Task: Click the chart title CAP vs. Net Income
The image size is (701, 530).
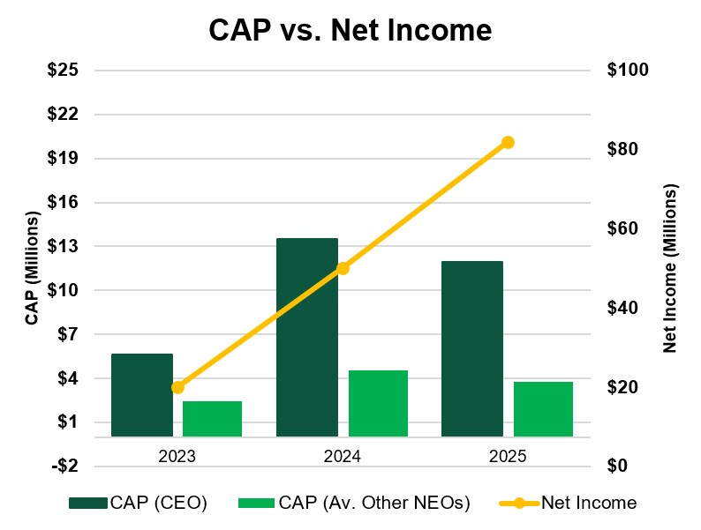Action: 350,31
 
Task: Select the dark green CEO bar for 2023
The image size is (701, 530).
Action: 142,395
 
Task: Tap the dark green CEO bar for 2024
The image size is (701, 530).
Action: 307,337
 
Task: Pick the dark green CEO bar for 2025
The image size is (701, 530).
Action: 471,348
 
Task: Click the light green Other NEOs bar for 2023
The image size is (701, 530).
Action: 212,419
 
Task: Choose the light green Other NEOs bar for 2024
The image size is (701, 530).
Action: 378,403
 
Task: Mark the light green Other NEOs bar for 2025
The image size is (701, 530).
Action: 543,409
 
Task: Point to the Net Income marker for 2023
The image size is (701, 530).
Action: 177,387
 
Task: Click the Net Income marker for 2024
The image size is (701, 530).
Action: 343,268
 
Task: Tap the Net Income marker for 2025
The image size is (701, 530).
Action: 508,142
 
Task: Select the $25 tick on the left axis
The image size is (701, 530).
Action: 63,71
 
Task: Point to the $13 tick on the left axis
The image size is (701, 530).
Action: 63,246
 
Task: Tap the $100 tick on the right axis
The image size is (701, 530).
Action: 629,71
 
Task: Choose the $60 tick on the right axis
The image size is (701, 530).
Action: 624,228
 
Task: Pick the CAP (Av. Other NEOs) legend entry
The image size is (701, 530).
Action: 353,504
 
